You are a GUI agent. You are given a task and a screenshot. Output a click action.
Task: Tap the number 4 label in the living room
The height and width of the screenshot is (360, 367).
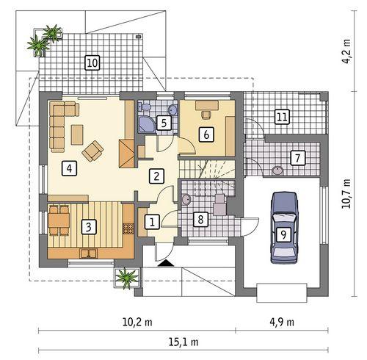coord(68,168)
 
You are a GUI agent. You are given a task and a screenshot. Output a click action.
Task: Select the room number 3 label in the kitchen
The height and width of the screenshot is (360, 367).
coord(88,226)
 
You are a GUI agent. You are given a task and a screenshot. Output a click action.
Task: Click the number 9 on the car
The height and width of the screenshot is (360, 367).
coord(282,234)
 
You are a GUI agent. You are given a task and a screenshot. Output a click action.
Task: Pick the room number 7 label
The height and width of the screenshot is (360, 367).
coord(297,157)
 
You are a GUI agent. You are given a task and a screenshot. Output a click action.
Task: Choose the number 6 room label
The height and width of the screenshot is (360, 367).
coord(207,134)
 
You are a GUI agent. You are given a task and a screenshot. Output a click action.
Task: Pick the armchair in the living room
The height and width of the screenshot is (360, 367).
coord(93,151)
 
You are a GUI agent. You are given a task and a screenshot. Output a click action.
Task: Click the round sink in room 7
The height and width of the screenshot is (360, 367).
coord(278,171)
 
